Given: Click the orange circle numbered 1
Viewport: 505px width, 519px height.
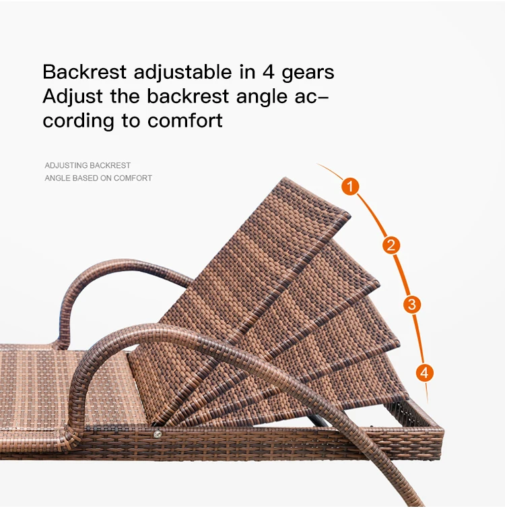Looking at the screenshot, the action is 350,186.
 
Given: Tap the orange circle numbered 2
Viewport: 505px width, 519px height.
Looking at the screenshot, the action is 391,245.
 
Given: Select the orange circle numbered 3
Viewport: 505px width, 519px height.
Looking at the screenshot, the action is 411,304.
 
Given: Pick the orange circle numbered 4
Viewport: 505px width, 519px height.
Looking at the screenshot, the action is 425,373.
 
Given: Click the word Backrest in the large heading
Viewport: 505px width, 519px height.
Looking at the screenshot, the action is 84,72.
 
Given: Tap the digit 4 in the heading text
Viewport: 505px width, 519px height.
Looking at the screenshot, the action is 268,72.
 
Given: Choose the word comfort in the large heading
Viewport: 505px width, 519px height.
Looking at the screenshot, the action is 185,121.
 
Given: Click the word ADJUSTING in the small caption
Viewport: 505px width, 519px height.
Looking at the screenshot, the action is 66,165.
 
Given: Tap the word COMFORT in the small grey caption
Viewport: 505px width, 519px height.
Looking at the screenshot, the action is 133,178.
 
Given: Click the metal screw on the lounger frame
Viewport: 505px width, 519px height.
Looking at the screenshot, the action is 158,433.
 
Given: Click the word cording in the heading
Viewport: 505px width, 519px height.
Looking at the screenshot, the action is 78,122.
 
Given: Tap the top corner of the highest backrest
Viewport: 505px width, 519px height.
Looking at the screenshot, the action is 285,178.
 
